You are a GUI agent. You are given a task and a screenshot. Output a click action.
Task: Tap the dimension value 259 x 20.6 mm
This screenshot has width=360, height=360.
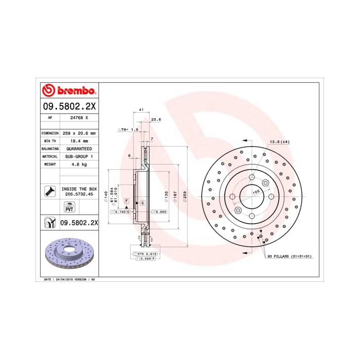pos(79,133)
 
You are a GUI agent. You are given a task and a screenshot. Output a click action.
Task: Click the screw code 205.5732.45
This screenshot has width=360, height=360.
pos(79,194)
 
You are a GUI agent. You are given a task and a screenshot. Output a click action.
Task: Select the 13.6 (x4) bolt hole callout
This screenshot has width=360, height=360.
pos(280,141)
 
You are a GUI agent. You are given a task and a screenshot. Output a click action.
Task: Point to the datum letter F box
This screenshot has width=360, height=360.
pos(126,201)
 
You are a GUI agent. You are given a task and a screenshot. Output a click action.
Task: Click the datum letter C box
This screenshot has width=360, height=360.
pos(142,204)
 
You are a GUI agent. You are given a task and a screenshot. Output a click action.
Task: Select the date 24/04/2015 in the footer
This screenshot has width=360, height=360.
pos(64,279)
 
